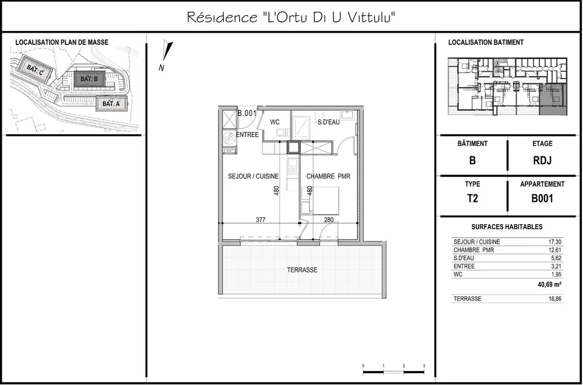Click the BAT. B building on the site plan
pos(89,79)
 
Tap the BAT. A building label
pos(111,104)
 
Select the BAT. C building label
pos(36,71)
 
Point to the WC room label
pos(275,122)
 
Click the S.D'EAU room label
pos(328,122)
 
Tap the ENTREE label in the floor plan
pos(247,135)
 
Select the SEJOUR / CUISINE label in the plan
pos(253,176)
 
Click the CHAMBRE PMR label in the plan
pos(328,176)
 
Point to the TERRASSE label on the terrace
pos(302,270)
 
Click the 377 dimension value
pos(261,220)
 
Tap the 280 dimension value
pos(329,220)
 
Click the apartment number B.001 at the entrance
pos(247,113)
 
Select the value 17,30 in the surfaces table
pos(554,242)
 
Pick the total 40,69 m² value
pos(549,285)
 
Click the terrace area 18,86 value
pos(554,299)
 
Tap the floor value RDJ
pos(542,160)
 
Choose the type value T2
pos(472,198)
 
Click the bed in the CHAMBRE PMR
pos(321,201)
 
